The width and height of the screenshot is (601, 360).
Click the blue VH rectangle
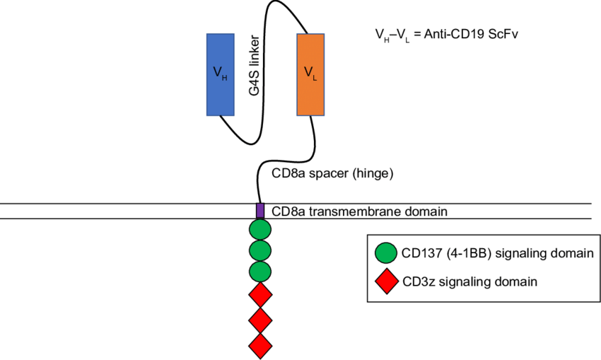[x=220, y=74]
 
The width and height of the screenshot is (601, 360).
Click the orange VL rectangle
[x=310, y=74]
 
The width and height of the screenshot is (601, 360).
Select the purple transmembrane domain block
[x=260, y=210]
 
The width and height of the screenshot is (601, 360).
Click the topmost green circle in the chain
[x=260, y=230]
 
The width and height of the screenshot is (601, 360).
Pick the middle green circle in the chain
[x=260, y=250]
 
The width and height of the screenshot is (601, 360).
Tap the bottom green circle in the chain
[x=260, y=270]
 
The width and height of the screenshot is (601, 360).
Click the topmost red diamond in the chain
[x=260, y=294]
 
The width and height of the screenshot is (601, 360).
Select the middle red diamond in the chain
[x=260, y=320]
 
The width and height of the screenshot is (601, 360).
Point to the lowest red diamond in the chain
[x=260, y=346]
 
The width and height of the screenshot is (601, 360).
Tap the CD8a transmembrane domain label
[x=361, y=211]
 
